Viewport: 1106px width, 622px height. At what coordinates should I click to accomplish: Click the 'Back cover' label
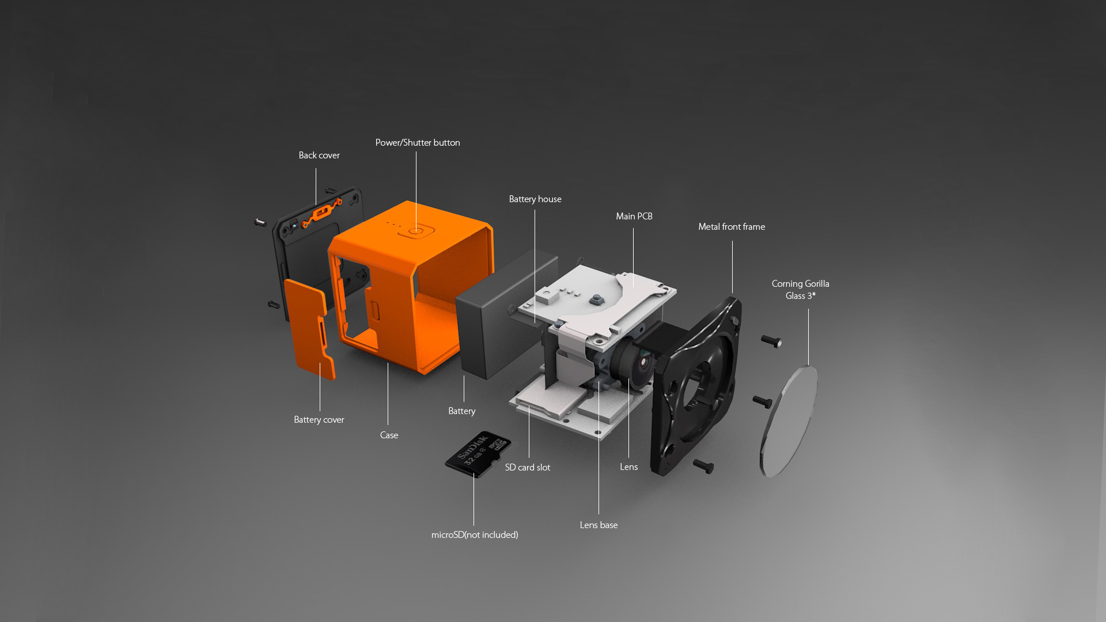coord(319,155)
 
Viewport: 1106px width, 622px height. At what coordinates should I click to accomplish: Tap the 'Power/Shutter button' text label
coord(418,143)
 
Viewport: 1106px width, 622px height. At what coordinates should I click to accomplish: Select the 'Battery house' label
coord(535,199)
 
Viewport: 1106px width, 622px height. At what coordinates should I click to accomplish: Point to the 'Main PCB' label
coord(634,217)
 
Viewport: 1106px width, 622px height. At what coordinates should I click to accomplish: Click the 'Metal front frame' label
coord(732,227)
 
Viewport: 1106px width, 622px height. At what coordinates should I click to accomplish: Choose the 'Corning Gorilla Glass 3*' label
coord(801,290)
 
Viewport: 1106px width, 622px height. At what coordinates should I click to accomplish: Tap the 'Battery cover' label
coord(319,420)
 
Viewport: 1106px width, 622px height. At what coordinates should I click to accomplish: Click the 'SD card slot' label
coord(528,468)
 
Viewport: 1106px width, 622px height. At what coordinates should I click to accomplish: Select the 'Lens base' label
coord(599,525)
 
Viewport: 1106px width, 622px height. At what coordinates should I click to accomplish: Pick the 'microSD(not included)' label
coord(475,535)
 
